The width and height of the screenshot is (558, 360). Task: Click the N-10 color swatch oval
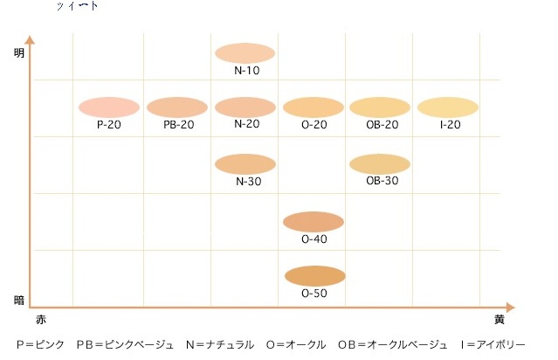tap(245, 52)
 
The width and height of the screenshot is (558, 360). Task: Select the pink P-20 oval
tap(109, 107)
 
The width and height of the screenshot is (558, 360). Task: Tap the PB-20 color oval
tap(177, 107)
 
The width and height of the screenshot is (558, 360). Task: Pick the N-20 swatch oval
tap(245, 107)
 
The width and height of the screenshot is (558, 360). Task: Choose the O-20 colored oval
tap(313, 107)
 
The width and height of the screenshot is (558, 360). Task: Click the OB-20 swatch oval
tap(380, 107)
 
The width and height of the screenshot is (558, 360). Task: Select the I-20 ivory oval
tap(448, 107)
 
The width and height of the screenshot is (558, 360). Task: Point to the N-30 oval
tap(245, 163)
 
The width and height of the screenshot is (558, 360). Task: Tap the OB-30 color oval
tap(380, 163)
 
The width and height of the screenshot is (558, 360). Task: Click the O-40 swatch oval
tap(313, 221)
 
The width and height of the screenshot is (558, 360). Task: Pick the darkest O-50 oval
tap(314, 276)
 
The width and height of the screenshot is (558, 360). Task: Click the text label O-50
tap(314, 294)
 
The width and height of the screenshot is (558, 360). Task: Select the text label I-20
tap(450, 125)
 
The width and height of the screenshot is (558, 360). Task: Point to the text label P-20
tap(109, 125)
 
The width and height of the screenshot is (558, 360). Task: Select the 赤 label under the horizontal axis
tap(40, 320)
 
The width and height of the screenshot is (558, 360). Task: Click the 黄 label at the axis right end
tap(499, 320)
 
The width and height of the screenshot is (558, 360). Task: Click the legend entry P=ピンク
tap(40, 345)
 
